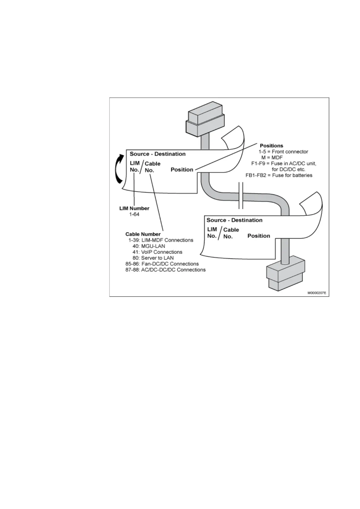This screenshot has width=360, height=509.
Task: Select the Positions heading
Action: [271, 146]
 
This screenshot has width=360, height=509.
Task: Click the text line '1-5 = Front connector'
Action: [283, 152]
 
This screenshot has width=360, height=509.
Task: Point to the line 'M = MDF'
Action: [272, 157]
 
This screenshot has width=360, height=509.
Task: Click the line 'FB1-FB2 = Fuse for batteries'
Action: [279, 175]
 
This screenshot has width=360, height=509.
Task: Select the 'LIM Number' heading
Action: [134, 208]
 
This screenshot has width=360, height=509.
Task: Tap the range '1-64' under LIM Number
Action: [134, 214]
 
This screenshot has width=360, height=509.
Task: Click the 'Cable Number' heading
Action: [143, 234]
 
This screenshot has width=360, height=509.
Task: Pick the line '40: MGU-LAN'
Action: [149, 246]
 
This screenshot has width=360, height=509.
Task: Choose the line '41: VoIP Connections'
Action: [157, 252]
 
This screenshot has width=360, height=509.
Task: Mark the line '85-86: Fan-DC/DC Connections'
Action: [162, 264]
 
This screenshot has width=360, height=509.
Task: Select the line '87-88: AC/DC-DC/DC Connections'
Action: [165, 270]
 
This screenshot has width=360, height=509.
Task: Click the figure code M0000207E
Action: [317, 293]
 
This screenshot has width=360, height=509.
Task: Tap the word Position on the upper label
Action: [182, 170]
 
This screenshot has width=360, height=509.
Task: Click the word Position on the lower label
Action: [259, 236]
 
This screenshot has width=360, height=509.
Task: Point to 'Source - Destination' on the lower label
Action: [234, 220]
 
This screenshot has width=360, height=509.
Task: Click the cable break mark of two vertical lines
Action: [241, 196]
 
